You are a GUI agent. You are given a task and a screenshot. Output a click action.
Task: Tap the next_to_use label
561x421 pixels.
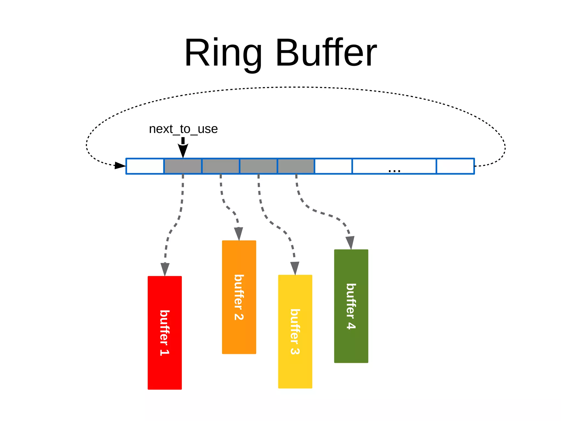pyautogui.click(x=183, y=129)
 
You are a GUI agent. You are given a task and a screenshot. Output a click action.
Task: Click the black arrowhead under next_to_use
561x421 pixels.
pyautogui.click(x=183, y=150)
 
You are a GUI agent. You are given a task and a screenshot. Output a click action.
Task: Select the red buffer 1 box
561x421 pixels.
pyautogui.click(x=165, y=333)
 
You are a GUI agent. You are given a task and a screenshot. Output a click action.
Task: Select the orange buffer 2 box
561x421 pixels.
pyautogui.click(x=239, y=297)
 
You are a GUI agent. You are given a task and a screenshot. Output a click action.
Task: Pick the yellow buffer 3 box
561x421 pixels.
pyautogui.click(x=295, y=332)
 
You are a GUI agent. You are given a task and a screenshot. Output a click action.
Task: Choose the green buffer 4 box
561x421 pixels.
pyautogui.click(x=351, y=306)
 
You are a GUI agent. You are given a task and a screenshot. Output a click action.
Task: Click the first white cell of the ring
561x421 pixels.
pyautogui.click(x=145, y=166)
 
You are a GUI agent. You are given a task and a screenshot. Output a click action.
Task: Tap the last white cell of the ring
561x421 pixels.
pyautogui.click(x=455, y=166)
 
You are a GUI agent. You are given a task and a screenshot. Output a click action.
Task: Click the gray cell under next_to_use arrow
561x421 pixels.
pyautogui.click(x=183, y=166)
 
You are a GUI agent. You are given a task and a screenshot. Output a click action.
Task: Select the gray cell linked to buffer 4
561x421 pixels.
pyautogui.click(x=296, y=166)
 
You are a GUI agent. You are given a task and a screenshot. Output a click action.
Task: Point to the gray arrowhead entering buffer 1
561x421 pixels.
pyautogui.click(x=165, y=269)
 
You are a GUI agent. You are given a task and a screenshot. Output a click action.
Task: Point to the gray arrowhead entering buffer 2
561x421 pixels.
pyautogui.click(x=239, y=234)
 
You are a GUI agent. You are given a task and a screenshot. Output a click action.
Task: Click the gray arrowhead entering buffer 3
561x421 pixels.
pyautogui.click(x=295, y=268)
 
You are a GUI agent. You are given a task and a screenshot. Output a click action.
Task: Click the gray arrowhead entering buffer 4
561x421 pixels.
pyautogui.click(x=350, y=243)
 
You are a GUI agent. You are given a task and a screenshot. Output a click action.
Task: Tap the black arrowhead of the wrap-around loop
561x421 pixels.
pyautogui.click(x=120, y=165)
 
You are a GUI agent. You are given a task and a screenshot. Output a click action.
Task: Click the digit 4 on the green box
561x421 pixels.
pyautogui.click(x=351, y=326)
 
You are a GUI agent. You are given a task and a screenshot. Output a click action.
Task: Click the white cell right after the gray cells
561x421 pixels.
pyautogui.click(x=333, y=166)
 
